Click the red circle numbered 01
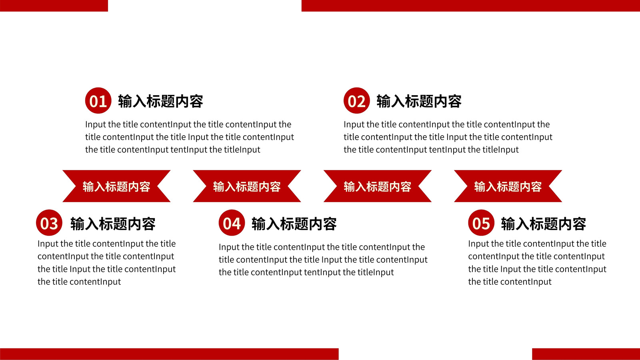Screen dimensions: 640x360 click(x=98, y=100)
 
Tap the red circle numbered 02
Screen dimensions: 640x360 click(x=356, y=100)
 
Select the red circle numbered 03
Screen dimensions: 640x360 click(x=49, y=222)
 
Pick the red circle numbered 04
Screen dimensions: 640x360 click(x=232, y=222)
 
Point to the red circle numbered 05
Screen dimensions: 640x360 click(x=481, y=222)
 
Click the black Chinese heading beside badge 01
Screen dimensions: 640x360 click(x=160, y=101)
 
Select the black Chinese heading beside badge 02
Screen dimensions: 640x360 click(x=419, y=101)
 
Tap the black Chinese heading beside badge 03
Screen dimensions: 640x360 click(x=113, y=224)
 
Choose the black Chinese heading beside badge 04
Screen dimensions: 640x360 click(x=294, y=224)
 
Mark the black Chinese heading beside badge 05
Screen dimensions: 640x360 click(x=544, y=224)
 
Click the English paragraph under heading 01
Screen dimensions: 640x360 click(x=190, y=137)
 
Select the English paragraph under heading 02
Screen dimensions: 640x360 click(x=448, y=137)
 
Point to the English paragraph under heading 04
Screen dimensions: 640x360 click(x=323, y=260)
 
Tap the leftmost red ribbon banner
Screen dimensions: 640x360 click(x=116, y=186)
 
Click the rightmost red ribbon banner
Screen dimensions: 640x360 click(x=508, y=186)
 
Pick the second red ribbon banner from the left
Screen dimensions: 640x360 click(x=247, y=186)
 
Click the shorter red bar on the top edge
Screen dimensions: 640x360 click(x=54, y=6)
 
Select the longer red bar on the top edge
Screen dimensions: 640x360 click(x=470, y=6)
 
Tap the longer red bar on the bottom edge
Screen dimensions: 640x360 click(x=169, y=354)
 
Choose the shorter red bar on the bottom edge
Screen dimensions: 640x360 click(x=586, y=354)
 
